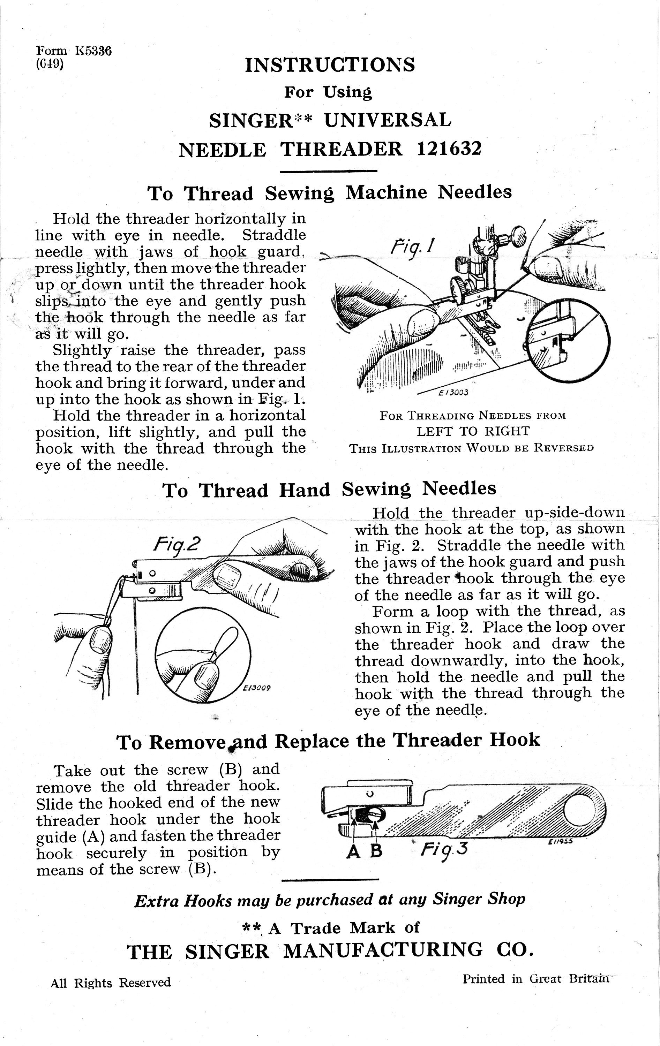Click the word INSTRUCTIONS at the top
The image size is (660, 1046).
coord(330,65)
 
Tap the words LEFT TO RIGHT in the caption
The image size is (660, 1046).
coord(473,431)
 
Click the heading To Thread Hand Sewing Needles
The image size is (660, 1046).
coord(329,490)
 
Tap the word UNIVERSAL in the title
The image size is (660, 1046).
coord(388,120)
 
